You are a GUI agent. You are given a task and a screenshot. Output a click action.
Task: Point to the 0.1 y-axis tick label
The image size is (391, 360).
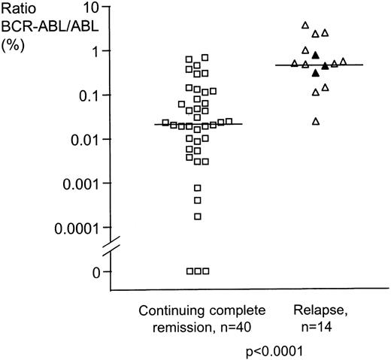coord(89,95)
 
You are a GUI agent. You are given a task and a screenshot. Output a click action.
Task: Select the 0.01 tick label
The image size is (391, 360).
coord(86,139)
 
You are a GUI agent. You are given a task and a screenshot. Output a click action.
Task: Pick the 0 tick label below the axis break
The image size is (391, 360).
coord(96,271)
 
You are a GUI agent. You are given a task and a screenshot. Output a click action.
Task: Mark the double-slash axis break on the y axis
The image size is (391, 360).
coord(111,245)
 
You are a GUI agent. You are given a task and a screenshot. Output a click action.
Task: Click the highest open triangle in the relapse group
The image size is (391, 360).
coord(305,26)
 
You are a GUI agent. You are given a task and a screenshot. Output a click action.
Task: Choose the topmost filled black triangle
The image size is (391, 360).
coord(316,54)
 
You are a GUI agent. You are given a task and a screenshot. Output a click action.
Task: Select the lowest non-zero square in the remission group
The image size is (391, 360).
coord(198,216)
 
